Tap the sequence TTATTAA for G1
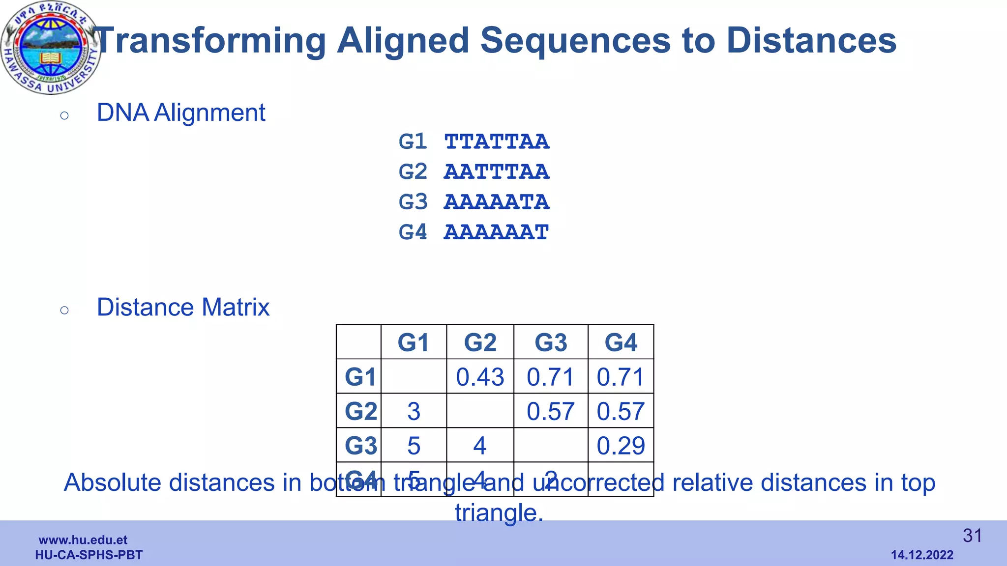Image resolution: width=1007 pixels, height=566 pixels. (x=496, y=142)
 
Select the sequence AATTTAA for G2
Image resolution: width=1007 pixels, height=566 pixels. (x=496, y=172)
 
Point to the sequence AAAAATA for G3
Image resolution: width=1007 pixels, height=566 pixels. (x=496, y=202)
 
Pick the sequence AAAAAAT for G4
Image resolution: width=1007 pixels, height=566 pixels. (x=496, y=232)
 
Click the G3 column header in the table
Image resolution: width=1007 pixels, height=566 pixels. (x=551, y=342)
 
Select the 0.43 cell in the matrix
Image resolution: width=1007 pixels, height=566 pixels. (x=480, y=377)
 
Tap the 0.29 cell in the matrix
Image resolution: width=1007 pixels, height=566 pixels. (x=621, y=446)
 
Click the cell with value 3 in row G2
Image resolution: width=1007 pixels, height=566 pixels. (x=414, y=411)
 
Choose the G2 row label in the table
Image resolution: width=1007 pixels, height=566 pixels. (x=360, y=411)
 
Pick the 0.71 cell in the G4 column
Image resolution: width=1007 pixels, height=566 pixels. (x=621, y=377)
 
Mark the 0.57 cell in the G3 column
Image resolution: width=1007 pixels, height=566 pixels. (x=550, y=411)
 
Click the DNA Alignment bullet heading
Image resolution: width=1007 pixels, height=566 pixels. (x=181, y=113)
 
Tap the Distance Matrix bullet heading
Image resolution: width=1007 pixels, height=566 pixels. (x=183, y=307)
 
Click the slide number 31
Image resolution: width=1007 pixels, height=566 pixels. (x=972, y=536)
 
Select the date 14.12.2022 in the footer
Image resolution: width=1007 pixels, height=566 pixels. (x=922, y=555)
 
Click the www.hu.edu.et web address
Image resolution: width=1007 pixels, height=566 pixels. (x=83, y=540)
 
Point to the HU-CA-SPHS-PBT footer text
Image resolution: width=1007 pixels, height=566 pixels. (x=89, y=555)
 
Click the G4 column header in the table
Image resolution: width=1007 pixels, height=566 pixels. (x=621, y=342)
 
